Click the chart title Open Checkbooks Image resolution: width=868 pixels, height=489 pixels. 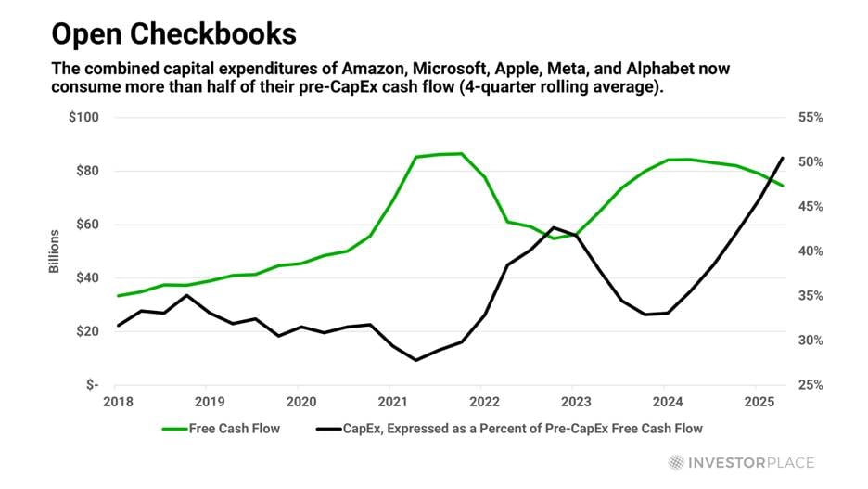coord(173,34)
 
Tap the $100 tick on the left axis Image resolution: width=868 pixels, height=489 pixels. coord(83,118)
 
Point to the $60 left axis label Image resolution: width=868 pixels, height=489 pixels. coord(86,225)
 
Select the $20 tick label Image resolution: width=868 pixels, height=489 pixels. coord(86,331)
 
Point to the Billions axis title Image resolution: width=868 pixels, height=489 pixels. coord(55,251)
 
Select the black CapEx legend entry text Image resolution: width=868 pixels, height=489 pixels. coord(523,429)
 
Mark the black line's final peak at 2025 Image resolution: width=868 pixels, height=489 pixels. coord(784,158)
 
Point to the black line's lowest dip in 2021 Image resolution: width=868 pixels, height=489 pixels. coord(415,360)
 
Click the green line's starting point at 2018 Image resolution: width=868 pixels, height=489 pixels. coord(118,296)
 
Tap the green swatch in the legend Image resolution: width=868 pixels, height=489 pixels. coord(173,429)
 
